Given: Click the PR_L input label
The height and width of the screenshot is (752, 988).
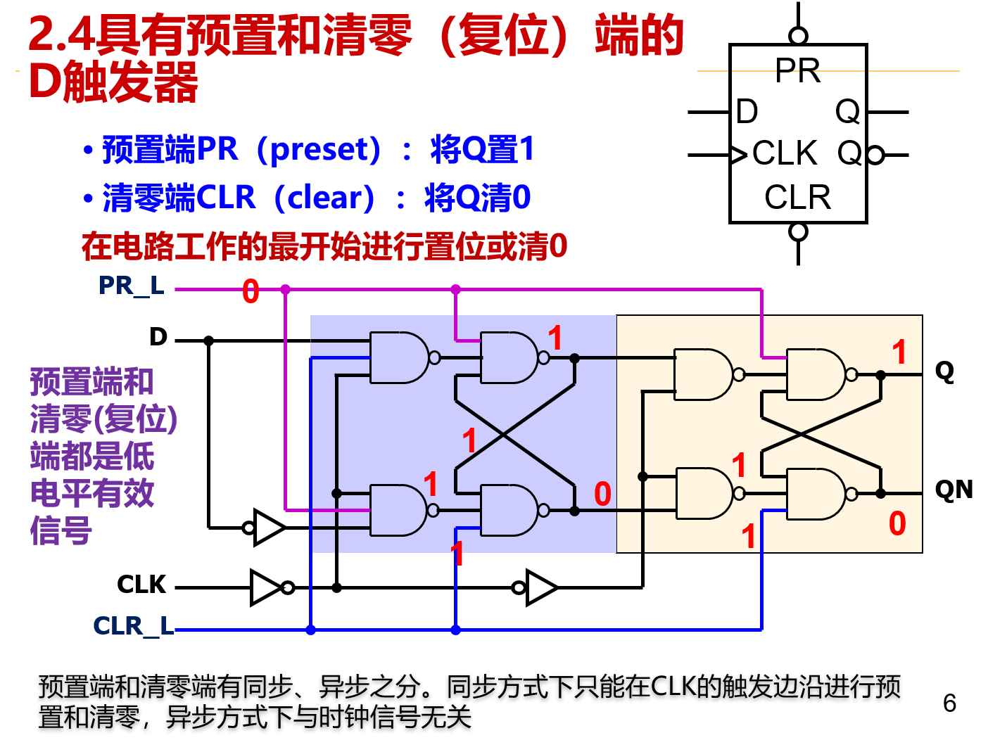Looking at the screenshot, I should (131, 286).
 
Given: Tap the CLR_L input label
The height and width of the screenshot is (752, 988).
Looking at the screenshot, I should (133, 625).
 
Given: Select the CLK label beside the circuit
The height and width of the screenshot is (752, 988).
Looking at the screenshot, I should (141, 585).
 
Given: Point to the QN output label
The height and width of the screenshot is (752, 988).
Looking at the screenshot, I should (953, 490).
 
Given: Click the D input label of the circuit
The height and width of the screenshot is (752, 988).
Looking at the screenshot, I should (158, 337).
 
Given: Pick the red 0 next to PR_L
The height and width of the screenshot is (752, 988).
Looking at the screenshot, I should (251, 291).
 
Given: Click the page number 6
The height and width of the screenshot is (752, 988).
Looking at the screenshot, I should (949, 703).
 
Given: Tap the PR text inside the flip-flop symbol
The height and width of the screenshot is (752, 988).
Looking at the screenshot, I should (797, 70).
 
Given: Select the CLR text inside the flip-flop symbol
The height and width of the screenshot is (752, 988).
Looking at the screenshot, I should (797, 197).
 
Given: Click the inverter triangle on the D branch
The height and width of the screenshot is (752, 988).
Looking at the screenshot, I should (268, 527).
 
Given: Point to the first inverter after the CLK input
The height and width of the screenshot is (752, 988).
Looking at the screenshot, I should (267, 587).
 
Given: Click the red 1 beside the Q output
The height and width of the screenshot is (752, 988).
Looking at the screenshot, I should (899, 352).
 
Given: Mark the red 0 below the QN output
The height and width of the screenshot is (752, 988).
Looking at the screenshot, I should (897, 524).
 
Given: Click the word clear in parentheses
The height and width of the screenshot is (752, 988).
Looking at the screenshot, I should (324, 198).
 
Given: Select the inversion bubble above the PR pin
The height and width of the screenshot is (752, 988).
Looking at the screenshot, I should (798, 35).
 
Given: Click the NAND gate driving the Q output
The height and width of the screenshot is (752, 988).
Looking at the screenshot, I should (816, 375).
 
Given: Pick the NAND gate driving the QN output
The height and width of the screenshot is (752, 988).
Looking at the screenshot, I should (816, 494).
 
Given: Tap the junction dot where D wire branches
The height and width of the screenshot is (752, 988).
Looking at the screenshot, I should (208, 340).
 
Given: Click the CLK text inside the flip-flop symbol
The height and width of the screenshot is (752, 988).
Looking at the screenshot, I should (784, 153).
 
